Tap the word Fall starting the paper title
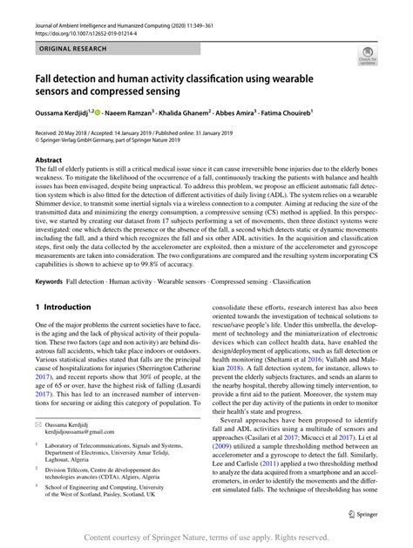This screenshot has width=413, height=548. point(44,77)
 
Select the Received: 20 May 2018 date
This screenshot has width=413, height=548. point(69,132)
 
